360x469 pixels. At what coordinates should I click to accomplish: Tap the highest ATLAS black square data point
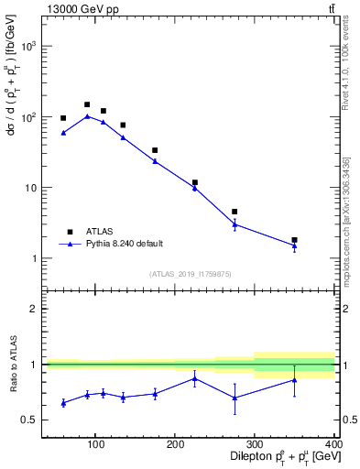(x=87, y=104)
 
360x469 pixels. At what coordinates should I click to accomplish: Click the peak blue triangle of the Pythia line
(x=87, y=116)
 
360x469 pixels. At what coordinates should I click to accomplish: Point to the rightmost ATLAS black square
(x=294, y=240)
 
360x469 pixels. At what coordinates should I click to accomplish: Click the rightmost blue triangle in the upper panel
(x=294, y=245)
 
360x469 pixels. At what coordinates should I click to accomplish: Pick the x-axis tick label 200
(x=175, y=444)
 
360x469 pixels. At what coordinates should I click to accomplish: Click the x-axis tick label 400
(x=333, y=444)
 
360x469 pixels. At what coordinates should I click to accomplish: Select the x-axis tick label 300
(x=255, y=444)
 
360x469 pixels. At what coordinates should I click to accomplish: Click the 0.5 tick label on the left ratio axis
(x=28, y=420)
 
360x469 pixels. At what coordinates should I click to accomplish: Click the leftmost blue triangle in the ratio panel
(x=63, y=403)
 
